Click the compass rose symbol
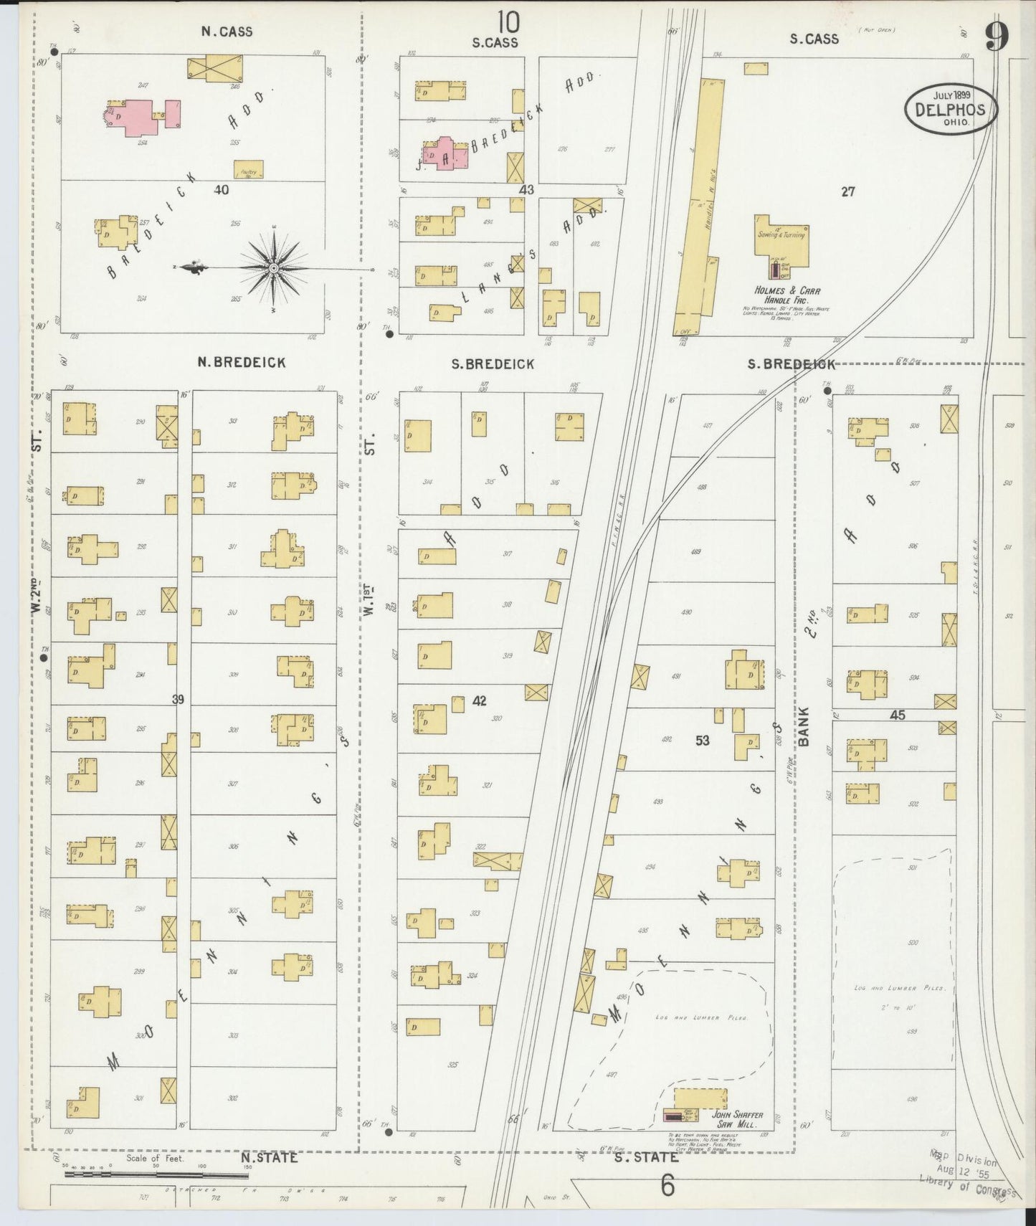click(x=273, y=268)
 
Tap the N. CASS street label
click(x=227, y=32)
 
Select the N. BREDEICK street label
click(x=242, y=363)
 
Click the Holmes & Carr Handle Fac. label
click(x=786, y=295)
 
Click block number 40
click(x=221, y=190)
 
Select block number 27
click(x=848, y=191)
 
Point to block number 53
click(x=702, y=740)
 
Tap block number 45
click(x=898, y=715)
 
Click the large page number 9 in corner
click(x=997, y=37)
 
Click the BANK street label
click(x=803, y=726)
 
